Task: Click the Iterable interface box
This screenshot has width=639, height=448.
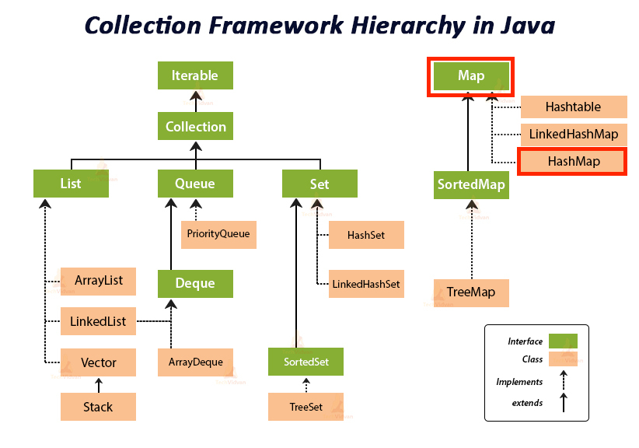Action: pyautogui.click(x=195, y=75)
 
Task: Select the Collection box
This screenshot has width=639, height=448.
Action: pyautogui.click(x=195, y=126)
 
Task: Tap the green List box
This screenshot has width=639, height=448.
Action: pyautogui.click(x=71, y=184)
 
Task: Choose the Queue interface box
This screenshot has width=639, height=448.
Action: pyautogui.click(x=195, y=184)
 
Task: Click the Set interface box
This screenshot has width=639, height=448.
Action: pyautogui.click(x=319, y=184)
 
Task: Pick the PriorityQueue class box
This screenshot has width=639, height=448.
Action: pyautogui.click(x=218, y=233)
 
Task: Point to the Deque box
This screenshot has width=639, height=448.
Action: pyautogui.click(x=195, y=283)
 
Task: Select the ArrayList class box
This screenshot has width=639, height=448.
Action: pyautogui.click(x=99, y=280)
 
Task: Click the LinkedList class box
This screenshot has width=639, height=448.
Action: pyautogui.click(x=99, y=320)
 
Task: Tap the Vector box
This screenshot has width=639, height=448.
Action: pyautogui.click(x=99, y=362)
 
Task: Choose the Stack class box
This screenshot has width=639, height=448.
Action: pyautogui.click(x=99, y=406)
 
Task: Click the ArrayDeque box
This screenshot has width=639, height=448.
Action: pyautogui.click(x=195, y=362)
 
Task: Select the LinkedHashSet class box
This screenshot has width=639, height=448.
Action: pyautogui.click(x=365, y=284)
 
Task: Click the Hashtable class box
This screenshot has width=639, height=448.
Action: pyautogui.click(x=573, y=107)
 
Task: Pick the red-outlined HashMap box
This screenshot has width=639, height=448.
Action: pyautogui.click(x=573, y=161)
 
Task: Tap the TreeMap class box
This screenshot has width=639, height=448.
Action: pyautogui.click(x=471, y=292)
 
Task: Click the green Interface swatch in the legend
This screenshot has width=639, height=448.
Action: pyautogui.click(x=562, y=341)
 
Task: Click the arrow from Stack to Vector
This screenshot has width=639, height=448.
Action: pyautogui.click(x=99, y=384)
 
